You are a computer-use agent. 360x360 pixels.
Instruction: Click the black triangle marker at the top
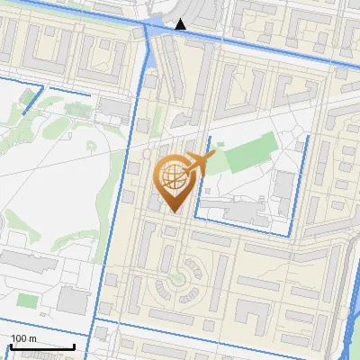point(181,24)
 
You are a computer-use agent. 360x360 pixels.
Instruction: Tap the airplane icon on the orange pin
point(197,164)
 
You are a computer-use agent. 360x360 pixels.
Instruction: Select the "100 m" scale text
point(23,338)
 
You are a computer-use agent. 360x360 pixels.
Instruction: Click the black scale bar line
point(41,346)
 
